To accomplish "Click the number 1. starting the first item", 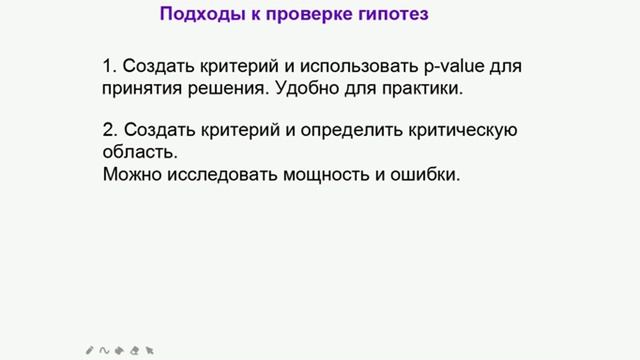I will click(109, 67).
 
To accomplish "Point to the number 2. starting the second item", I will click(109, 130).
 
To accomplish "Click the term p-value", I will click(454, 67).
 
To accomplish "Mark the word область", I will click(139, 152).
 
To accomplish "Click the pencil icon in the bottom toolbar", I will click(90, 350).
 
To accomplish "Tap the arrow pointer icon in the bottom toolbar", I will click(149, 350).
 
